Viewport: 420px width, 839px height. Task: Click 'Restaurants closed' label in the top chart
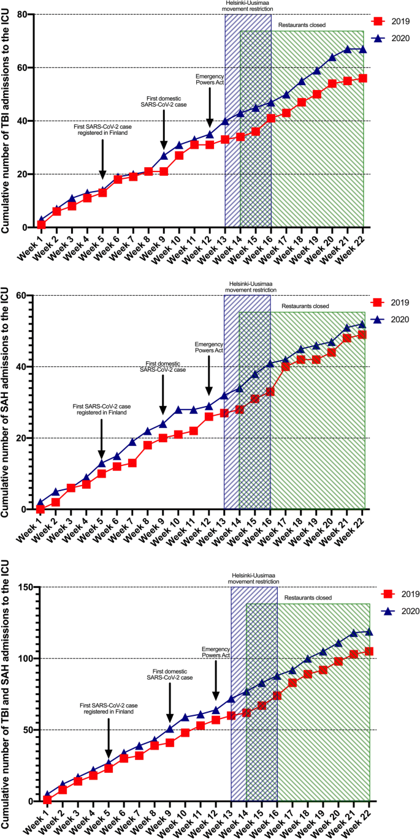[x=301, y=25]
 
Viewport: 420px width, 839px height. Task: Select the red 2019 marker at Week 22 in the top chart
[x=363, y=78]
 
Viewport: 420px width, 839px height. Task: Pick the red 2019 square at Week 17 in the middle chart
[x=286, y=366]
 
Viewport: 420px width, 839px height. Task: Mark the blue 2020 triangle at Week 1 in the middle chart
[x=40, y=502]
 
